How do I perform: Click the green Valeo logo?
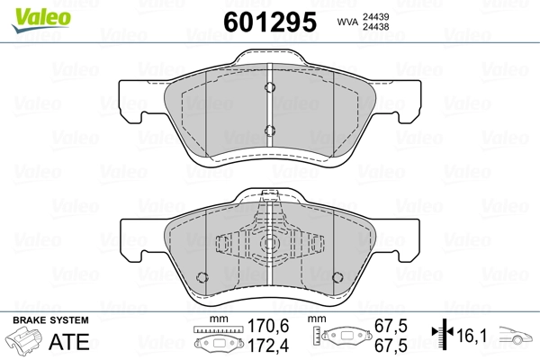(41, 20)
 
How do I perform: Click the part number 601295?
(270, 22)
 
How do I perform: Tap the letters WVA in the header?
(347, 22)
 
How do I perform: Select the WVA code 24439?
(375, 16)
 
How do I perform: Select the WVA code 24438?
(375, 26)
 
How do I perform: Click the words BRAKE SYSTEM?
(50, 320)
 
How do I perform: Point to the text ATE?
(69, 341)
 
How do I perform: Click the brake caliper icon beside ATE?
(23, 340)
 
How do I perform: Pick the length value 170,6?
(268, 326)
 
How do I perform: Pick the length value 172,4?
(268, 346)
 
